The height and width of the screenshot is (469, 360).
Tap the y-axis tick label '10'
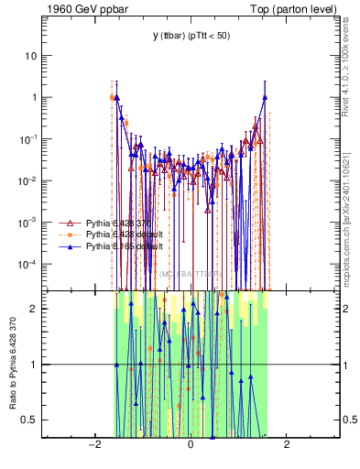(x=33, y=55)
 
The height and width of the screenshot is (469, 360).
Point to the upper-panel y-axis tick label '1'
(x=36, y=97)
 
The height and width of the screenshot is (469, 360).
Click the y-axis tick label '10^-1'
(x=30, y=138)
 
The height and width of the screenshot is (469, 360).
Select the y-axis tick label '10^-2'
(x=30, y=180)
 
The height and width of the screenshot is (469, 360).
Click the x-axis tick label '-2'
(x=93, y=445)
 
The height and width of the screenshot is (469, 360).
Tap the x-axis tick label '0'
(x=190, y=445)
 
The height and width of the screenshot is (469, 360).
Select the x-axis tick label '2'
(x=287, y=445)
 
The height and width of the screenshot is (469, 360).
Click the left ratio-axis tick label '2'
(x=36, y=309)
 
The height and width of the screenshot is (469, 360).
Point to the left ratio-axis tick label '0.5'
(x=32, y=420)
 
